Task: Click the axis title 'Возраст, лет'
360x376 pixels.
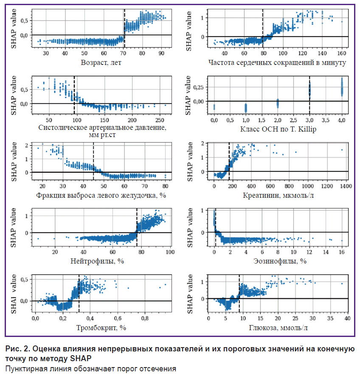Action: [x=101, y=62]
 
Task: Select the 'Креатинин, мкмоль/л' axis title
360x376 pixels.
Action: [x=278, y=196]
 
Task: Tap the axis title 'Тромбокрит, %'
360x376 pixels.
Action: [x=101, y=328]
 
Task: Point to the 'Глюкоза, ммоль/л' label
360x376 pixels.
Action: [x=278, y=328]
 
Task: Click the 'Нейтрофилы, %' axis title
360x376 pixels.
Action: [x=97, y=261]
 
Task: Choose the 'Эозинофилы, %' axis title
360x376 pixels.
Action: [x=280, y=261]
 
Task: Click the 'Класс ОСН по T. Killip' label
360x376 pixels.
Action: [x=278, y=129]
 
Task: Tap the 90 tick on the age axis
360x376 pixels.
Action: [x=161, y=53]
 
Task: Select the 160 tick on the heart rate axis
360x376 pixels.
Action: [x=342, y=53]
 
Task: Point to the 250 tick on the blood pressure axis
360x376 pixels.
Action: [x=160, y=120]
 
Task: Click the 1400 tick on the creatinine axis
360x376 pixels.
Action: [x=346, y=186]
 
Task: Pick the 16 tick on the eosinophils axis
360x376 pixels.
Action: [x=341, y=252]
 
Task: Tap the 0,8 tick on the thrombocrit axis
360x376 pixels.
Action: [x=145, y=318]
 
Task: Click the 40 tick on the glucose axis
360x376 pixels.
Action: [x=347, y=318]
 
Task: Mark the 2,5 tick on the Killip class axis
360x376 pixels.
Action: [x=294, y=120]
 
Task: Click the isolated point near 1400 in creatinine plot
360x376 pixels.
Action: [x=342, y=150]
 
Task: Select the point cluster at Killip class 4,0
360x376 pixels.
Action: [x=342, y=87]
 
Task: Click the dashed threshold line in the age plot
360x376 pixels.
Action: [x=124, y=28]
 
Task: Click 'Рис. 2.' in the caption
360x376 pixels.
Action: [x=18, y=349]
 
